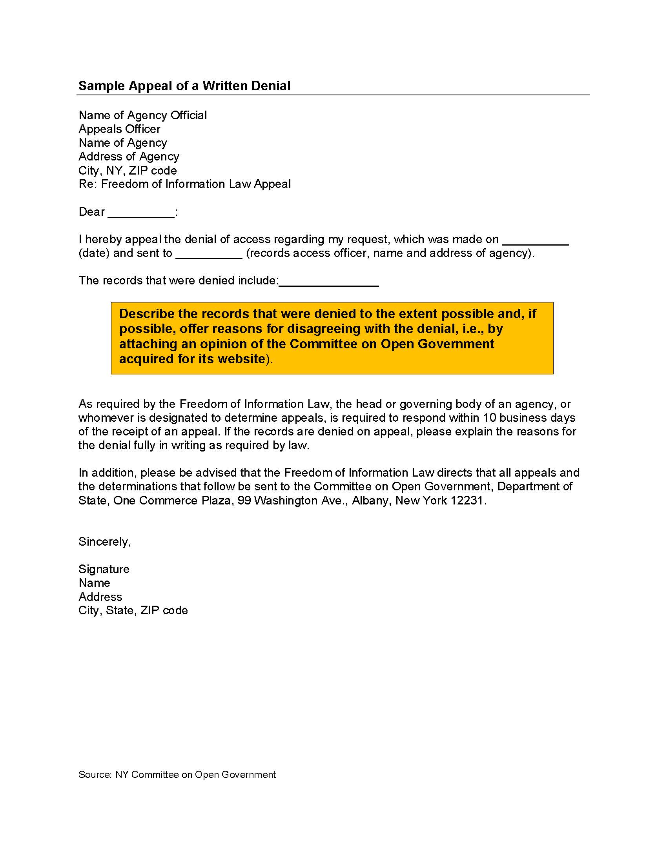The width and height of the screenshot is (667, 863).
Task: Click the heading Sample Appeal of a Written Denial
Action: tap(184, 86)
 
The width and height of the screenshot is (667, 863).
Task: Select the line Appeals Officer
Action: tap(119, 129)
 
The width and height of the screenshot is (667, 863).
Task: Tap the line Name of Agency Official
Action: tap(143, 115)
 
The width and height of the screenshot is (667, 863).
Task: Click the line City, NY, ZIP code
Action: tap(128, 170)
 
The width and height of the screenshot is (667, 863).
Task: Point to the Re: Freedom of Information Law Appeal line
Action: tap(184, 184)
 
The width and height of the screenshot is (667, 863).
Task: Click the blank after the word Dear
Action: tap(141, 214)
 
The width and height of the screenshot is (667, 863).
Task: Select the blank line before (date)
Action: tap(535, 241)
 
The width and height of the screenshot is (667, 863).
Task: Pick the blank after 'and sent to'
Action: tap(209, 255)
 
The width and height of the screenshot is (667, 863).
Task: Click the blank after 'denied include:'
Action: tap(329, 282)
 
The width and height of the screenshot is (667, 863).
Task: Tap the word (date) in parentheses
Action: tap(94, 253)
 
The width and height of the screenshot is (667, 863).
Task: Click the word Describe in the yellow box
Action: tap(147, 313)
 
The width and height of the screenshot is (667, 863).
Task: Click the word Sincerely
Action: tap(104, 541)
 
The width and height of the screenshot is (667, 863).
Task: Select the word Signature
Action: tap(104, 569)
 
